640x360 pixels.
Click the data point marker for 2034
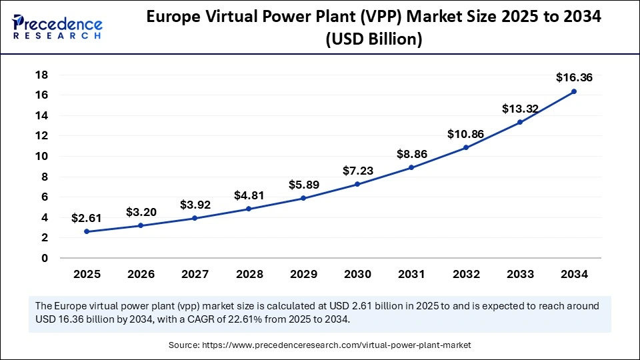(x=574, y=91)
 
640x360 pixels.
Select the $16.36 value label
(x=574, y=78)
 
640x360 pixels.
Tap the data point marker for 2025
(x=87, y=231)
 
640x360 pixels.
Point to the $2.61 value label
(x=87, y=218)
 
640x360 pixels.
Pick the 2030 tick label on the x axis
(x=357, y=274)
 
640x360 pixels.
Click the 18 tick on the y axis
(x=41, y=75)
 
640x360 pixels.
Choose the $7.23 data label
(x=357, y=171)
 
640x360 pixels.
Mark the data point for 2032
(x=465, y=147)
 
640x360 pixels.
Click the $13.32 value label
(x=520, y=109)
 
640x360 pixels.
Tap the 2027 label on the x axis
(x=195, y=274)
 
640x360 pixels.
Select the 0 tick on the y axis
(x=45, y=258)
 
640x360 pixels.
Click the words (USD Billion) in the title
(x=373, y=39)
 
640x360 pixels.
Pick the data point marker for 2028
(x=249, y=209)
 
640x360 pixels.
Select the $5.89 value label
(x=303, y=185)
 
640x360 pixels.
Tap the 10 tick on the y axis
(x=41, y=156)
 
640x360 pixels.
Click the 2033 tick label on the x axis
(x=520, y=274)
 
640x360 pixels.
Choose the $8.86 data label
(x=411, y=154)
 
